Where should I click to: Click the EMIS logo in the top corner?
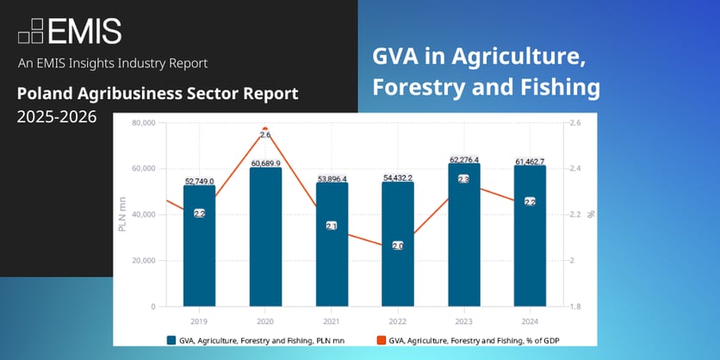[x=70, y=31]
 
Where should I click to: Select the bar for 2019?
[x=199, y=250]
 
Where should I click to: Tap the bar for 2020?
[x=265, y=241]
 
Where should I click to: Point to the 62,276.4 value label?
[x=463, y=159]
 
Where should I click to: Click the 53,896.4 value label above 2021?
[x=332, y=178]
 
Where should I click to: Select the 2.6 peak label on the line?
[x=265, y=135]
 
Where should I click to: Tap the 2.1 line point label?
[x=332, y=225]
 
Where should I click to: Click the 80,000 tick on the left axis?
[x=141, y=123]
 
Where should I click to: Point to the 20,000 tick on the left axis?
[x=141, y=260]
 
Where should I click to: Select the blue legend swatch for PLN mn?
[x=172, y=339]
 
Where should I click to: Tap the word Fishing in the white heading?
[x=556, y=87]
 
